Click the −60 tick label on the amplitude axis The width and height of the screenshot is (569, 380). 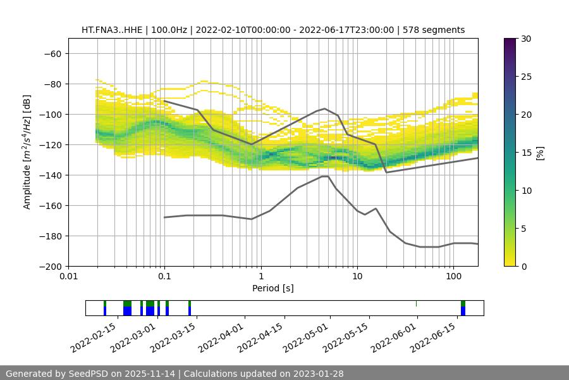[x=52, y=53]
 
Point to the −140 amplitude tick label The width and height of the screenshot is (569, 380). [x=50, y=175]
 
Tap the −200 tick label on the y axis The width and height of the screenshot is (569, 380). [x=50, y=266]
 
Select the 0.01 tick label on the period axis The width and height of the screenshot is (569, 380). [x=68, y=277]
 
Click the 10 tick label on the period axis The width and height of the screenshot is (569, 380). [x=357, y=277]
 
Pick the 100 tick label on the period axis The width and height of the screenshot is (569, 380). [x=453, y=277]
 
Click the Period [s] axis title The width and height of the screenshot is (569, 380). [x=273, y=288]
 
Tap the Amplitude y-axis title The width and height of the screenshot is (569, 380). [x=27, y=152]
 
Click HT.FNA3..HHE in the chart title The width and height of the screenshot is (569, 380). [x=111, y=30]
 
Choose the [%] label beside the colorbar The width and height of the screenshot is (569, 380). [x=540, y=153]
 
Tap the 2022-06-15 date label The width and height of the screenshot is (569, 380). [x=433, y=337]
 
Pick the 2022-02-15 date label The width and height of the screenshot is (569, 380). [x=93, y=337]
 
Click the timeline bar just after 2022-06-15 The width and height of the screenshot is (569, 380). [x=463, y=308]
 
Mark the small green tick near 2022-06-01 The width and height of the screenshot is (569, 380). [x=416, y=303]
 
